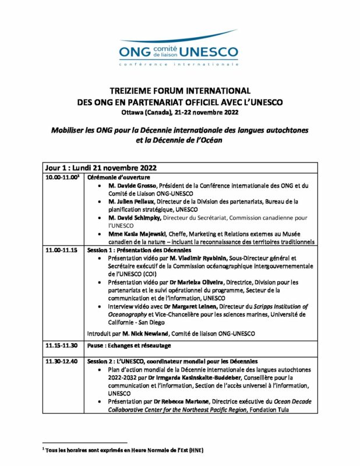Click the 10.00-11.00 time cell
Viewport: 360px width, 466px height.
(63, 177)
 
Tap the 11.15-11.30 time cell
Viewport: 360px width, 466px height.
(62, 345)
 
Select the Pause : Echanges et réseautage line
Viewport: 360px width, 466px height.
(129, 345)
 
